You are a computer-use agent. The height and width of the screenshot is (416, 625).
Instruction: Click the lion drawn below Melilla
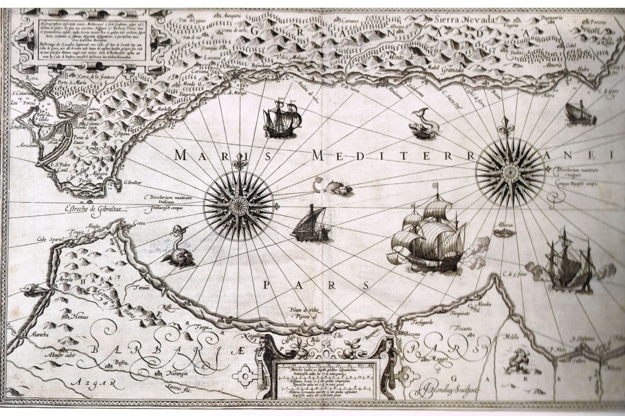516,361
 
